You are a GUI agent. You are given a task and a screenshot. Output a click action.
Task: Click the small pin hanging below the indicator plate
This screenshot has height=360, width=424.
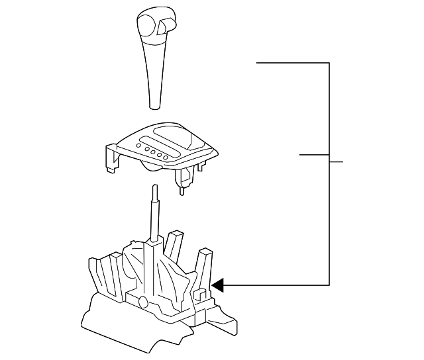[x=181, y=190]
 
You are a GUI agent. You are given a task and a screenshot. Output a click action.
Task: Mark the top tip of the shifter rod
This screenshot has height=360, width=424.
[x=154, y=189]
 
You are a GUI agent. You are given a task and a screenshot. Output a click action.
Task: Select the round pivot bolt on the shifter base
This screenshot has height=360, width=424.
[x=142, y=302]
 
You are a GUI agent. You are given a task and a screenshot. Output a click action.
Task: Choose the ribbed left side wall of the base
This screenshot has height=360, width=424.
[x=103, y=275]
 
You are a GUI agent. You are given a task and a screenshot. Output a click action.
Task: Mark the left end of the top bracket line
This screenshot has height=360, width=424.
[x=257, y=63]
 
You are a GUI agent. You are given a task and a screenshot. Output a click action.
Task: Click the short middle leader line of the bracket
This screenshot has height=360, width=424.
[x=314, y=156]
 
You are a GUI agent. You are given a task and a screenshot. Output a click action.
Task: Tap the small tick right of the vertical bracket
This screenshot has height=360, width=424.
[x=336, y=161]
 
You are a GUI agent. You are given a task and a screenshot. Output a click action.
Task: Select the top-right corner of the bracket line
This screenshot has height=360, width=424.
[x=329, y=63]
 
